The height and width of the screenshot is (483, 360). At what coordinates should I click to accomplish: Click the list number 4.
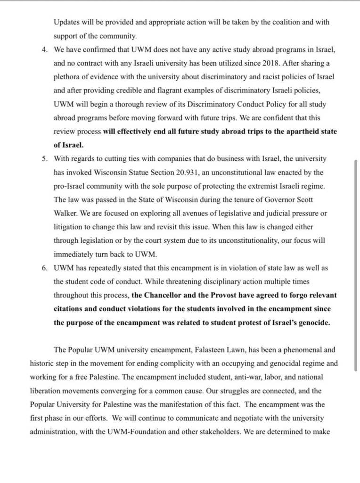(x=43, y=49)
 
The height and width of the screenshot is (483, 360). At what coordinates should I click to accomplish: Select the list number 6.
(x=43, y=268)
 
